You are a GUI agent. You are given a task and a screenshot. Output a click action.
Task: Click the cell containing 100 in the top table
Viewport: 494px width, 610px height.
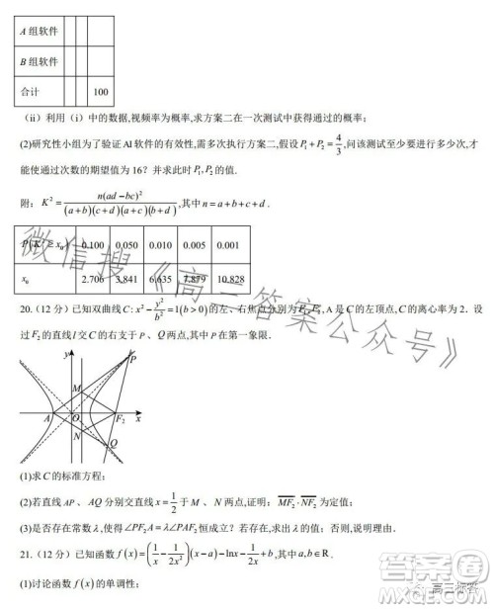100,92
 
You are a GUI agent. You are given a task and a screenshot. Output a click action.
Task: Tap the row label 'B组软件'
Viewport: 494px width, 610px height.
39,60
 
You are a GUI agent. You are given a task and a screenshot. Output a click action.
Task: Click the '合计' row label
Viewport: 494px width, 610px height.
29,92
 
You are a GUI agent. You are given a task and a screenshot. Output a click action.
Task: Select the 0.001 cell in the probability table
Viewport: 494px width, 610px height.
226,245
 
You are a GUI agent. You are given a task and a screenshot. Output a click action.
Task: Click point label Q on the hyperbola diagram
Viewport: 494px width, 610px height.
113,442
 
